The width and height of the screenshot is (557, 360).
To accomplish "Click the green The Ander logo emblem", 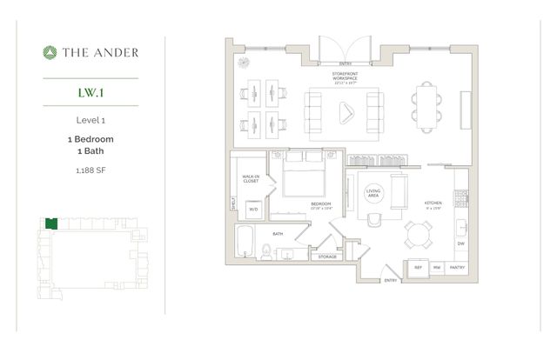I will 50,52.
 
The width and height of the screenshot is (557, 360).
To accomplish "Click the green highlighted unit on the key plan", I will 52,223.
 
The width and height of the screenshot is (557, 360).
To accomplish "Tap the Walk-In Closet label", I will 252,179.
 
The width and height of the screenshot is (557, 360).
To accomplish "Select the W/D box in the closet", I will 254,209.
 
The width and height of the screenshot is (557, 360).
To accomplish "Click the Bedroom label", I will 323,207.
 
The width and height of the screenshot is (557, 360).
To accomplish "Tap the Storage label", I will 327,257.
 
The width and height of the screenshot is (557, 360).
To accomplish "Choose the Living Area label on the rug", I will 373,194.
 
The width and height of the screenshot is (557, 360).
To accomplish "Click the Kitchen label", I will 432,203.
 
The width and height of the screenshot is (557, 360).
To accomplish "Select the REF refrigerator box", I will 417,268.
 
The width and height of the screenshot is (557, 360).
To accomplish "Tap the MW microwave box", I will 436,268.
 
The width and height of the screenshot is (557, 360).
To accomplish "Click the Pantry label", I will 457,268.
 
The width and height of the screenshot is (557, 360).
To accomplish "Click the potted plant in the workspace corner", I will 243,63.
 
